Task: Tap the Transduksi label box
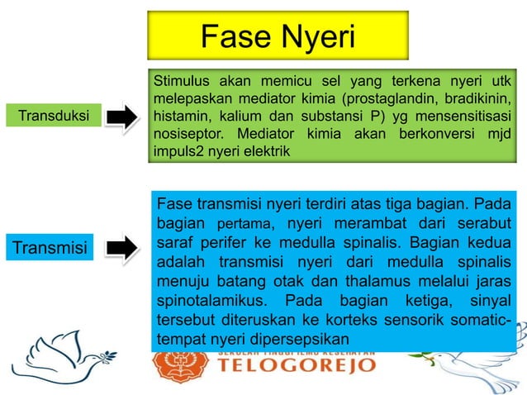(x=54, y=115)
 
